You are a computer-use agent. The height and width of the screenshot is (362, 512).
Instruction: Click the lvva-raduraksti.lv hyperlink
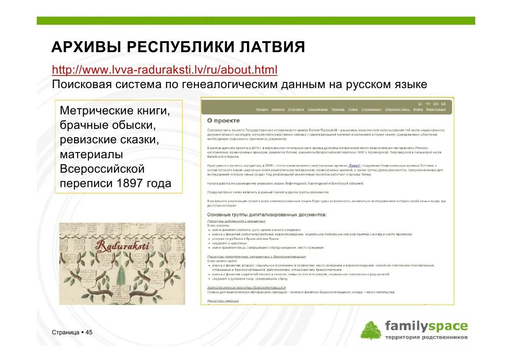coord(165,70)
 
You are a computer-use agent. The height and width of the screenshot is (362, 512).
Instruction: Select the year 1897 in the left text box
coord(130,183)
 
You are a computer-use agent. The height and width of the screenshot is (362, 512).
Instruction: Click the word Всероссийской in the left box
coord(102,169)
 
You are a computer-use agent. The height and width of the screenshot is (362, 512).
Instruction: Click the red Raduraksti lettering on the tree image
coord(122,245)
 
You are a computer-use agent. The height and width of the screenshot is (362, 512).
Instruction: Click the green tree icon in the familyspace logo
coord(371,330)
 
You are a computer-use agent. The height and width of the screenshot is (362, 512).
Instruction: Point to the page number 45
coord(89,333)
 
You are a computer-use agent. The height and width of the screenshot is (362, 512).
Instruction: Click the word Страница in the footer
coord(66,333)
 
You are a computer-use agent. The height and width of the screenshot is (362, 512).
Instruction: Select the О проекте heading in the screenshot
coord(223,121)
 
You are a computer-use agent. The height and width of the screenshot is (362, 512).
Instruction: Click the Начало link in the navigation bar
coord(262,109)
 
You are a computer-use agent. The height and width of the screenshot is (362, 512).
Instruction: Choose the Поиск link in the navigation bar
coord(353,109)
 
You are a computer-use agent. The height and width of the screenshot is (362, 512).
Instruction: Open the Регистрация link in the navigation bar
coord(436,109)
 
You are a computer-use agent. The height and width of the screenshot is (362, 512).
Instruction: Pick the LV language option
coord(420,103)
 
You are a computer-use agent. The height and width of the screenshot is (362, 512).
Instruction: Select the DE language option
coord(443,103)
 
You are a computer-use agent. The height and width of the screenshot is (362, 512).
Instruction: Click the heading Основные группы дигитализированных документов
coord(267,215)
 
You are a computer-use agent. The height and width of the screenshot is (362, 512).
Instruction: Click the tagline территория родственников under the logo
coord(426,337)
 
